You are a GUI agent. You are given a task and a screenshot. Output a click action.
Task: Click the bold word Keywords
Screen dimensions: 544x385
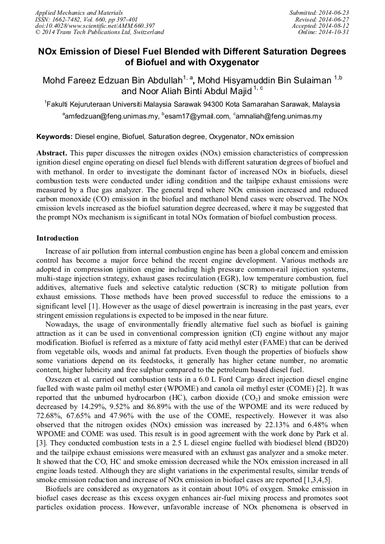click(55, 137)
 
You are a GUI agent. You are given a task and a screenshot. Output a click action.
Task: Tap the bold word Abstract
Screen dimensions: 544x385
click(52, 154)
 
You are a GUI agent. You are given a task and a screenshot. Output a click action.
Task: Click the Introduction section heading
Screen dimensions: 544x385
click(57, 238)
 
